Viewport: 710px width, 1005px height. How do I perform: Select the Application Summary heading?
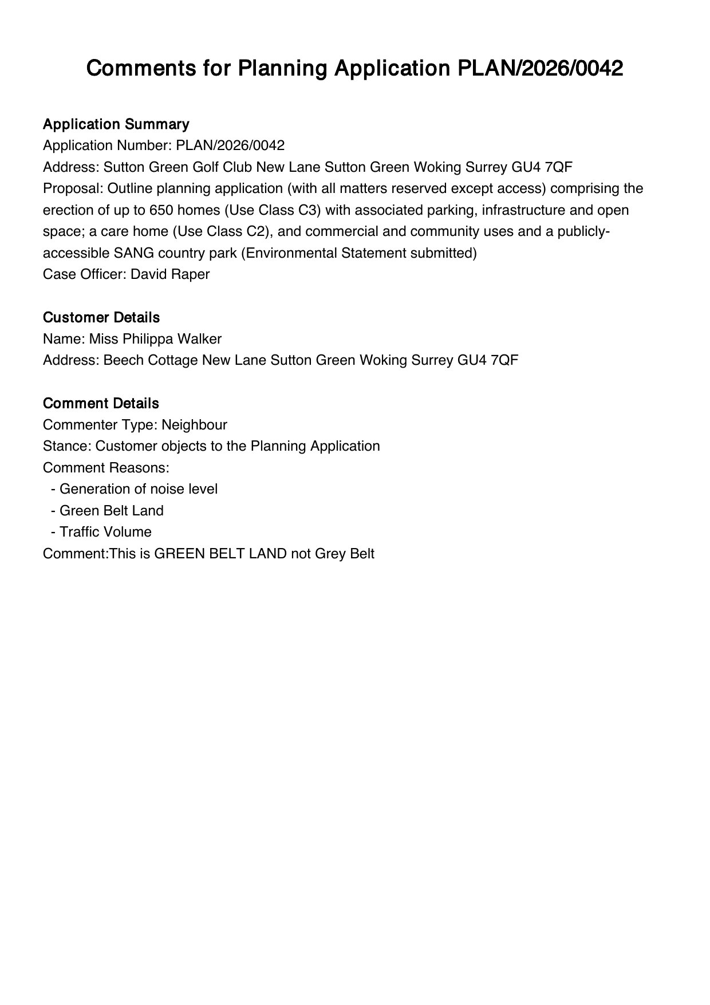pos(116,124)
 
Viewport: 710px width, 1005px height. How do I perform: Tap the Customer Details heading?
pos(101,317)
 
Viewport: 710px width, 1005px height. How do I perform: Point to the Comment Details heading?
pos(101,403)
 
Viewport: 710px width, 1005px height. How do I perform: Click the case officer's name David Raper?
pos(170,274)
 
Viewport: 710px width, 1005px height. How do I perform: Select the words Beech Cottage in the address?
pos(151,360)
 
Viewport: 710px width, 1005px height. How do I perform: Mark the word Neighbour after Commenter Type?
pos(194,425)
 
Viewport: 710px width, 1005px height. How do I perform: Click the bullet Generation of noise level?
pos(139,489)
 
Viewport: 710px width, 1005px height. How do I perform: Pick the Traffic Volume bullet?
pos(105,532)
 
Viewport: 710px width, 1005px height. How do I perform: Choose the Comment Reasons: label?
pos(106,468)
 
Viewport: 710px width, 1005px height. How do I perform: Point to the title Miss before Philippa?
pos(104,339)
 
